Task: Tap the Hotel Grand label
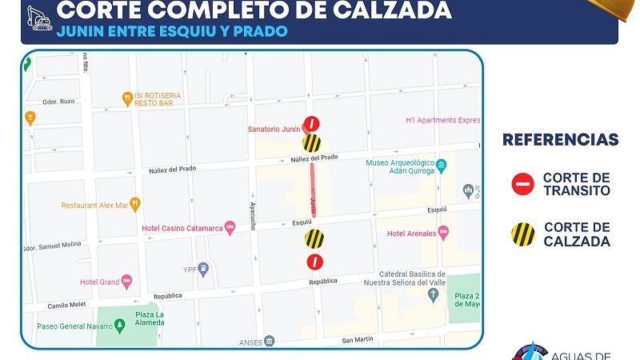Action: pyautogui.click(x=99, y=282)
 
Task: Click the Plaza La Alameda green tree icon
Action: pyautogui.click(x=119, y=325)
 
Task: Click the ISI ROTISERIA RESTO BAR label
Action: pyautogui.click(x=158, y=99)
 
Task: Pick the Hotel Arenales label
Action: pyautogui.click(x=411, y=234)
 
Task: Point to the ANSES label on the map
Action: pyautogui.click(x=250, y=342)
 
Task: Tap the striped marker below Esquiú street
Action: pyautogui.click(x=314, y=238)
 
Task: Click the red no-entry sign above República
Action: pyautogui.click(x=316, y=262)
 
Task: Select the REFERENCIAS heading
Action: pyautogui.click(x=560, y=141)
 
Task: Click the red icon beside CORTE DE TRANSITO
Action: pyautogui.click(x=522, y=185)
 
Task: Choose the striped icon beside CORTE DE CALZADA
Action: pyautogui.click(x=522, y=234)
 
